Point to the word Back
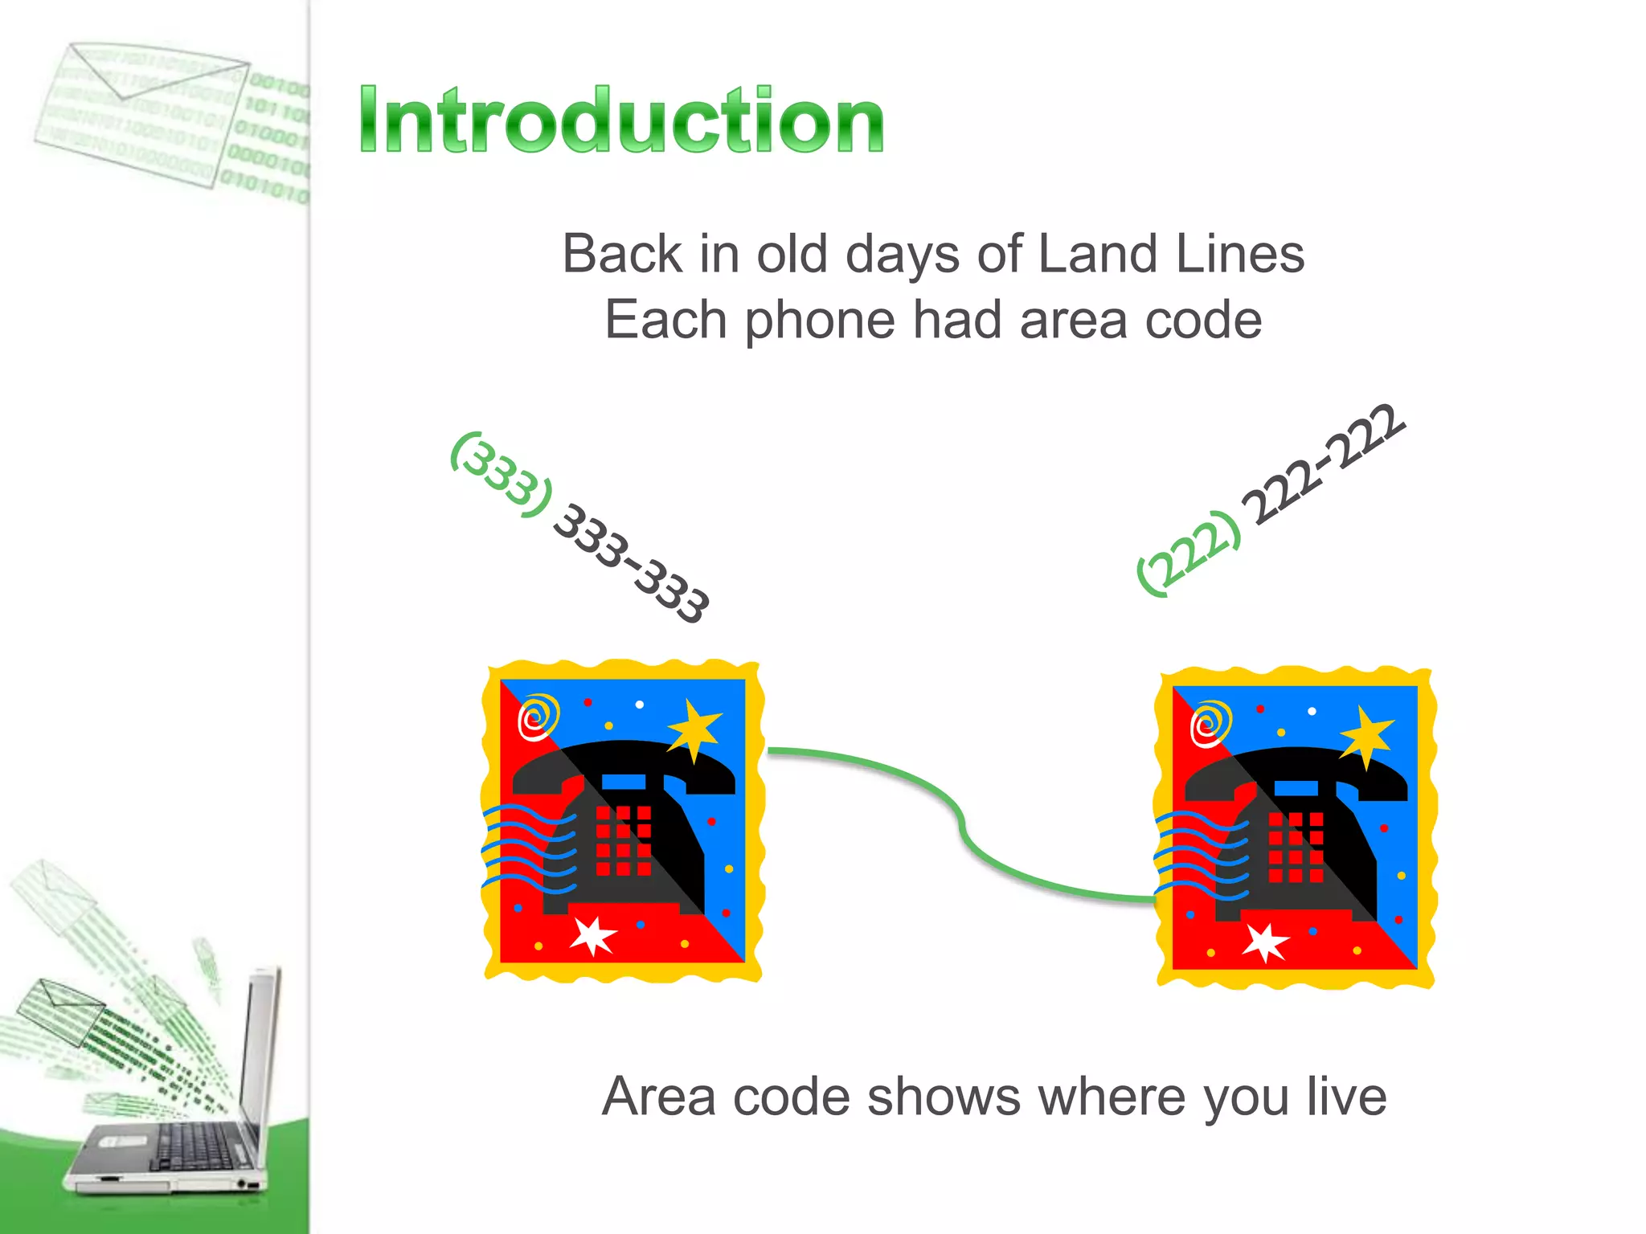pos(622,254)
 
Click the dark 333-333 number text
pos(632,563)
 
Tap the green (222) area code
pos(1188,554)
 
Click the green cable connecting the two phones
pos(960,819)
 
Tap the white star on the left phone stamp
pos(593,935)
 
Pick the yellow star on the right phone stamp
pos(1366,735)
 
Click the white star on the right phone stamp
pos(1265,942)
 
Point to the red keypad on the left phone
pos(623,840)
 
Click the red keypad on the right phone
pos(1295,847)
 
